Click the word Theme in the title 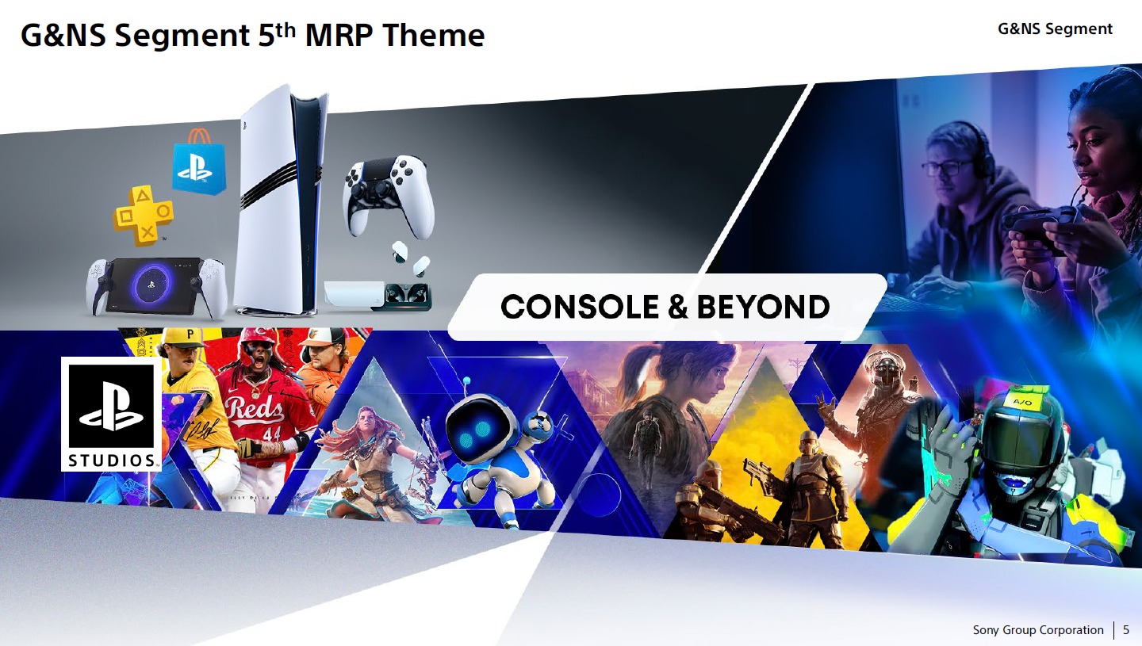tap(433, 35)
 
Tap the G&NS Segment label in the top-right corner tap(1055, 29)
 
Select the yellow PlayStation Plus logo tap(144, 215)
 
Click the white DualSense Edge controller tap(389, 197)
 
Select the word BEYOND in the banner tap(763, 307)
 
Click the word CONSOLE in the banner tap(580, 307)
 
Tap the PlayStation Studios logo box tap(111, 414)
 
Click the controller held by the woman tap(1040, 224)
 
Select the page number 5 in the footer tap(1125, 630)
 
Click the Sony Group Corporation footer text tap(1038, 630)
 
